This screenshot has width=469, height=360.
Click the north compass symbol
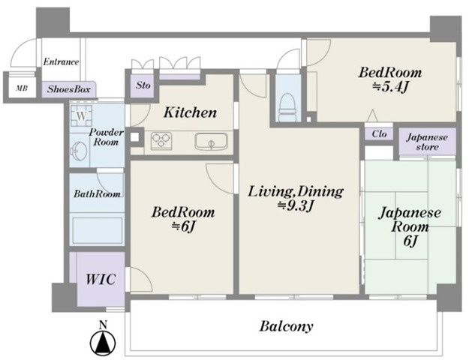pyautogui.click(x=103, y=340)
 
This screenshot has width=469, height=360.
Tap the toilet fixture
pyautogui.click(x=287, y=108)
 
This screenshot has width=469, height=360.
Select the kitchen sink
pyautogui.click(x=211, y=142)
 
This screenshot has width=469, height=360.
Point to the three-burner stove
pyautogui.click(x=161, y=140)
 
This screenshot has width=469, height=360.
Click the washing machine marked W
pyautogui.click(x=81, y=116)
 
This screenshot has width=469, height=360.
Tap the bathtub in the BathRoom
pyautogui.click(x=98, y=230)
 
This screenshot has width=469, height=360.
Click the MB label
pyautogui.click(x=22, y=88)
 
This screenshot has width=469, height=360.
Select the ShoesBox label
pyautogui.click(x=68, y=89)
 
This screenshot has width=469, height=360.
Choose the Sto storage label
pyautogui.click(x=143, y=85)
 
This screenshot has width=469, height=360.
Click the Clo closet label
pyautogui.click(x=379, y=134)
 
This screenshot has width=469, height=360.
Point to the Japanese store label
pyautogui.click(x=427, y=142)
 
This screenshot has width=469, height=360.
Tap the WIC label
pyautogui.click(x=101, y=279)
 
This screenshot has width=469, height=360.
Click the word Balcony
pyautogui.click(x=286, y=326)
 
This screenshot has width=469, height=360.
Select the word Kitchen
pyautogui.click(x=191, y=112)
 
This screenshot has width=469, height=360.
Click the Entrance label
pyautogui.click(x=61, y=62)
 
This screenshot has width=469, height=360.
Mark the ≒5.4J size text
pyautogui.click(x=390, y=87)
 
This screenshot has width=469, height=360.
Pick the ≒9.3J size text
pyautogui.click(x=295, y=205)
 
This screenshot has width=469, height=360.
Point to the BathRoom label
pyautogui.click(x=98, y=194)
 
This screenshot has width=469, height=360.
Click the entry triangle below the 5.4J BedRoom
pyautogui.click(x=372, y=115)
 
